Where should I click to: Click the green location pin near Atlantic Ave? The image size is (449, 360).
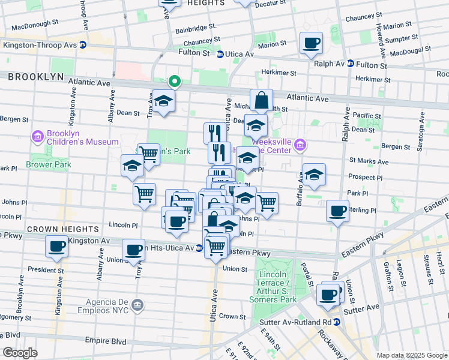click(174, 80)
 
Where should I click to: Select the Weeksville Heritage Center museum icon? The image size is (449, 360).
click(301, 145)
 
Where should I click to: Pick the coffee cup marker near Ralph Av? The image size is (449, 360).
click(311, 43)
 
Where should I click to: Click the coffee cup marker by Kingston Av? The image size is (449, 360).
click(57, 246)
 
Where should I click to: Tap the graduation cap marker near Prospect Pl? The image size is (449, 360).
click(314, 175)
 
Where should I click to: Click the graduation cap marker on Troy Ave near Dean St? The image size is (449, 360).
click(163, 102)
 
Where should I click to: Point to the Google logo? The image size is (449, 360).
click(20, 353)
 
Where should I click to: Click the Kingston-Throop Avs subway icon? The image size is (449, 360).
click(83, 45)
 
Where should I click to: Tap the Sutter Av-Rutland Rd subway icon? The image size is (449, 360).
click(337, 322)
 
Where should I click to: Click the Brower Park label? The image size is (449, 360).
click(48, 164)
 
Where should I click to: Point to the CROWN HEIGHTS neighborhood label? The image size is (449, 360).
click(62, 229)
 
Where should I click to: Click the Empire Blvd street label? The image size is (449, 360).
click(106, 341)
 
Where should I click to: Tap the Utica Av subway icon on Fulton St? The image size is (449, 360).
click(220, 54)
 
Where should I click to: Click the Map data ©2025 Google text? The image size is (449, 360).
click(411, 355)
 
